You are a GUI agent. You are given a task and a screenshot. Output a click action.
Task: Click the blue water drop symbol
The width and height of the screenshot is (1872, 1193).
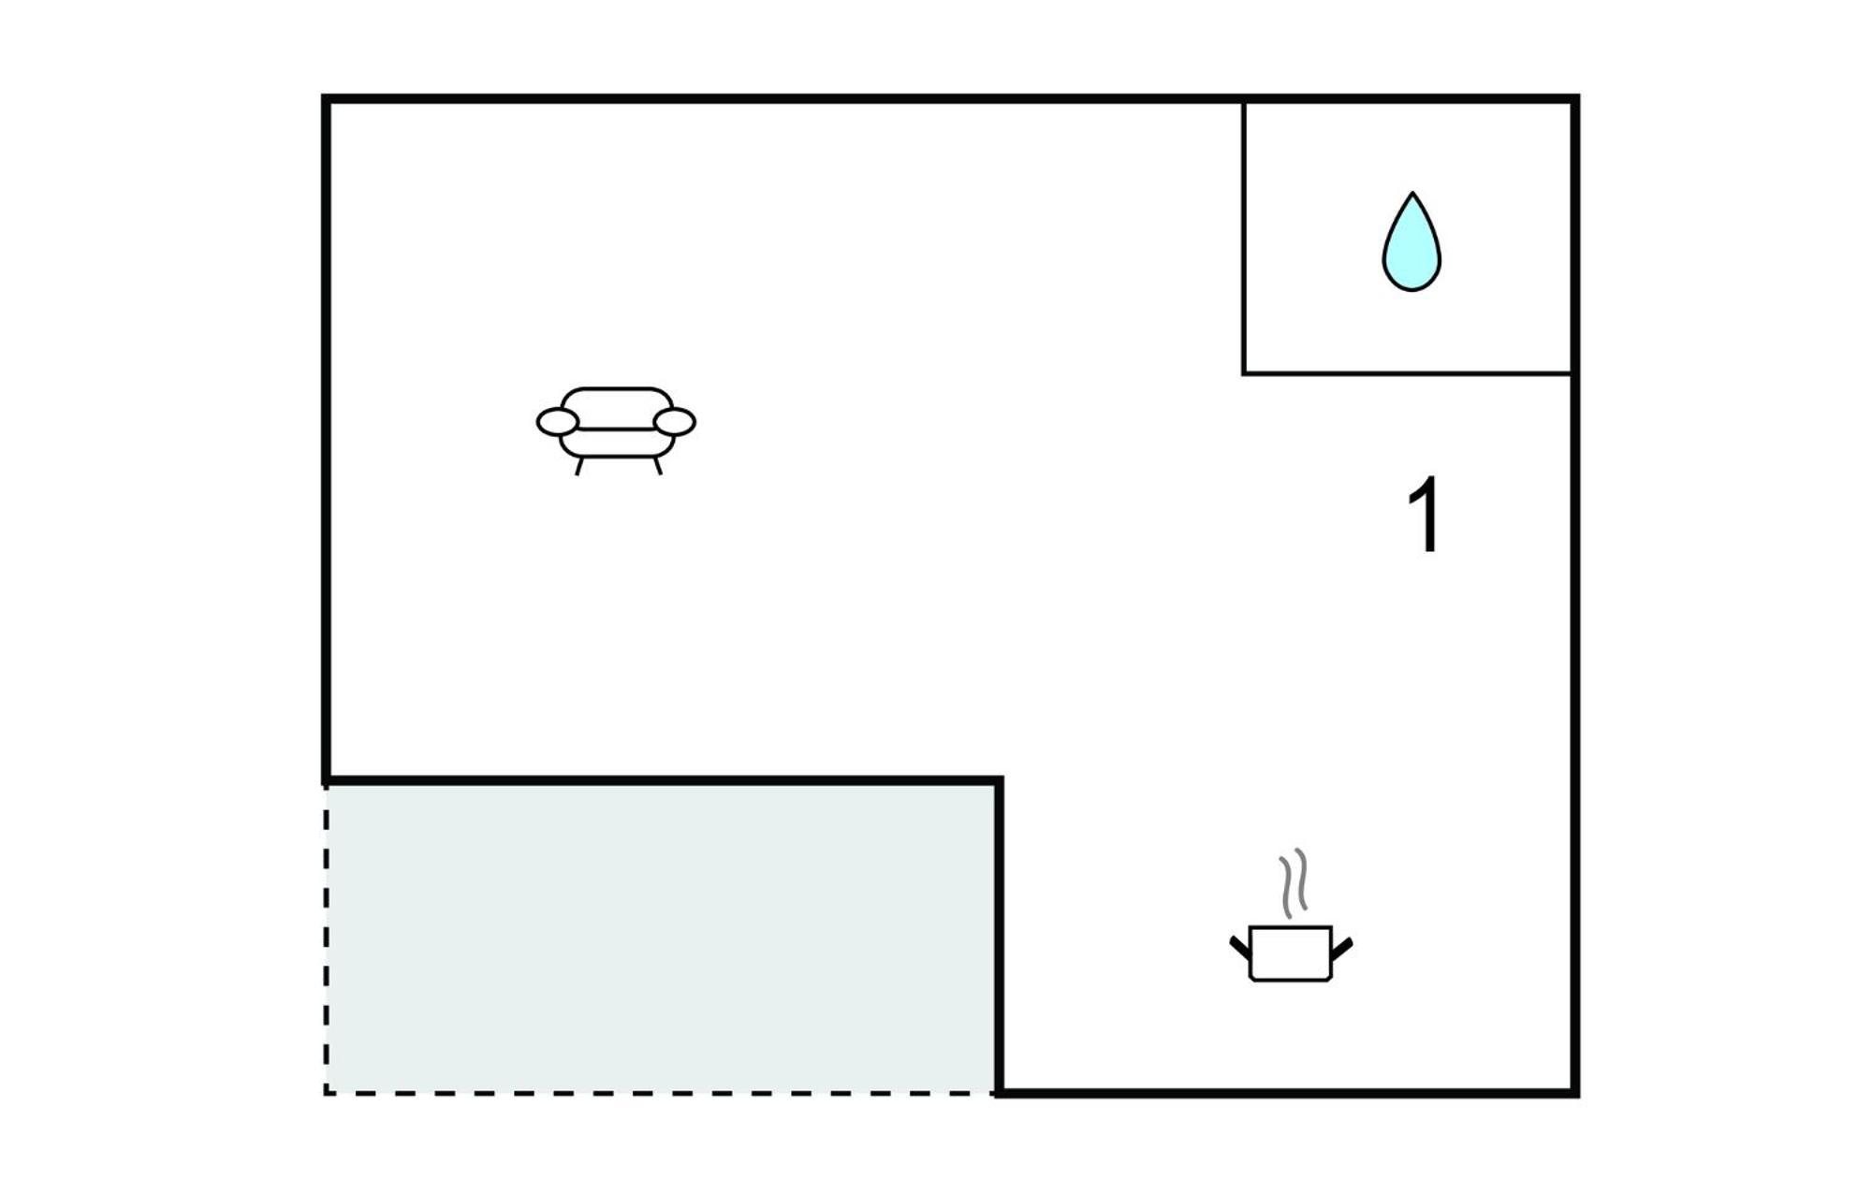1411,245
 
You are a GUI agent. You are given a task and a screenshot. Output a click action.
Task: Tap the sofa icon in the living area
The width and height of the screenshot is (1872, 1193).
616,430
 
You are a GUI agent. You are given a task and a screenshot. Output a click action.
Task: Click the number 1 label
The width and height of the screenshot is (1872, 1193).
1425,516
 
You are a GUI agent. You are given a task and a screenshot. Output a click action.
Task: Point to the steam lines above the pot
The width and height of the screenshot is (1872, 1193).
1294,883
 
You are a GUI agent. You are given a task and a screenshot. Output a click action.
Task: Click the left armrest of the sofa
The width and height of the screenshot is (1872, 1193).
557,422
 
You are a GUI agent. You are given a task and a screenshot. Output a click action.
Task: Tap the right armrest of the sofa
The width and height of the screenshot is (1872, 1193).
675,422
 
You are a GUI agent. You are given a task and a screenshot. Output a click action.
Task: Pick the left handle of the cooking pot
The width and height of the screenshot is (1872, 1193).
1240,947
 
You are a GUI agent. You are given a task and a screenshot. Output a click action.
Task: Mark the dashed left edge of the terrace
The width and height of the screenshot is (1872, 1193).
326,938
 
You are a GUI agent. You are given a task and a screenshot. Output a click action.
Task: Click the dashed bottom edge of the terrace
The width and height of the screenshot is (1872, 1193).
660,1092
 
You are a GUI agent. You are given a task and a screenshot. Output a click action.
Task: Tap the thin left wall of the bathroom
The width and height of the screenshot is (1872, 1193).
1244,238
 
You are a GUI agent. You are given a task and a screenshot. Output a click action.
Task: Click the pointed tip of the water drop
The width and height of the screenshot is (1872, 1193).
1412,193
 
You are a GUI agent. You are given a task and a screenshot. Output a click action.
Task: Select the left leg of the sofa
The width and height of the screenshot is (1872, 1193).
579,466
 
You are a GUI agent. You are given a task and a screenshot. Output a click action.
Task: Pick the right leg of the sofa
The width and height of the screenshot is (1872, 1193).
658,465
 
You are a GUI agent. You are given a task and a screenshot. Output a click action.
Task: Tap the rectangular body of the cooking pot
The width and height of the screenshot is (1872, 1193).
1291,953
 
